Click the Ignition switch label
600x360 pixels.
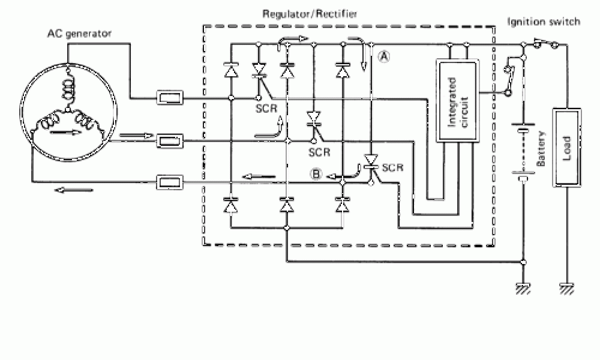point(544,22)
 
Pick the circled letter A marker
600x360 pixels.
point(384,57)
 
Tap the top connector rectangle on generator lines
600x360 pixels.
point(170,97)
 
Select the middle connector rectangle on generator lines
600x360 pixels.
point(170,141)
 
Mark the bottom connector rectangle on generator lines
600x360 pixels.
point(170,182)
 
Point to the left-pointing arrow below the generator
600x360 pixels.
point(74,191)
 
